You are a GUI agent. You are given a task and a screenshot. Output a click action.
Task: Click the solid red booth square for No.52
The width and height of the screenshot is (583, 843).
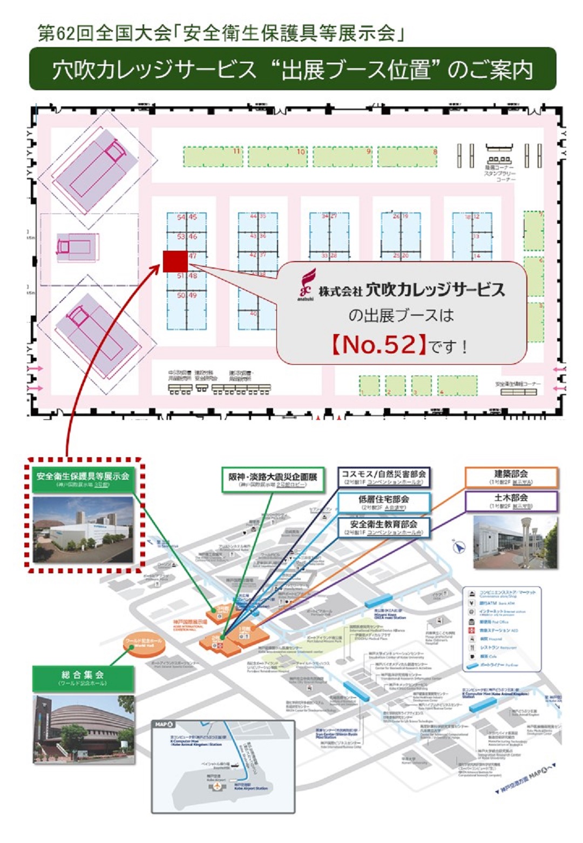coord(175,262)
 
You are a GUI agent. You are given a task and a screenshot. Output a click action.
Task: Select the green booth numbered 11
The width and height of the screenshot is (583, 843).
coord(213,157)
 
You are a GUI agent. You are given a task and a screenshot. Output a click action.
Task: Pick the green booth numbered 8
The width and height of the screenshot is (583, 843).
coord(408,157)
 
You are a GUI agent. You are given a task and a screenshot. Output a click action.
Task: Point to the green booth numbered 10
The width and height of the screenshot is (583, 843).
coord(277,157)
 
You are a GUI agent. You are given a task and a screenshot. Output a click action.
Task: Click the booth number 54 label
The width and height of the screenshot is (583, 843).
coord(181,217)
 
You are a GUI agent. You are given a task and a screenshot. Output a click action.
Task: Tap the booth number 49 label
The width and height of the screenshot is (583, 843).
coord(193,296)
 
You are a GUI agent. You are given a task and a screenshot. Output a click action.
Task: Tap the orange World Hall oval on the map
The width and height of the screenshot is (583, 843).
coord(143,644)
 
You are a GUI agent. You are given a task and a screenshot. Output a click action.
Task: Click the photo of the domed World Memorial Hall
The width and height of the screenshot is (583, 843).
coord(84,728)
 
